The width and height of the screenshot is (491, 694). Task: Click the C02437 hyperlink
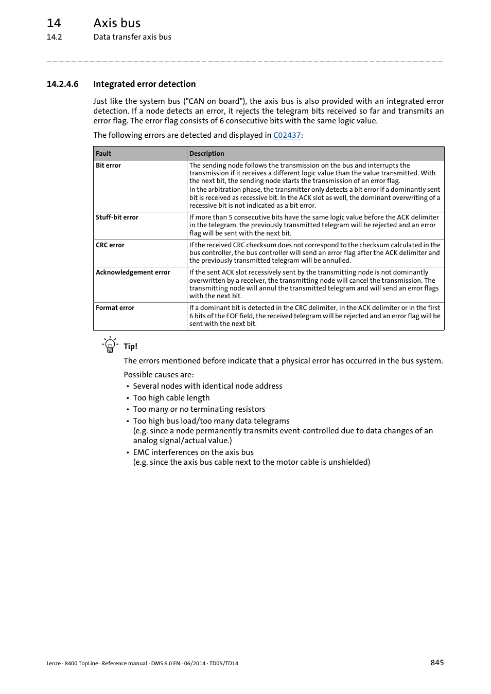coord(287,135)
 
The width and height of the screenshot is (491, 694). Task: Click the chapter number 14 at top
coord(54,23)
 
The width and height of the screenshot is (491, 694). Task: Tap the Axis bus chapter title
coord(117,23)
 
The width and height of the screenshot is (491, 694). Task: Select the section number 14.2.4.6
coord(62,84)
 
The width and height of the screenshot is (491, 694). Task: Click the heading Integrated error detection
coord(144,84)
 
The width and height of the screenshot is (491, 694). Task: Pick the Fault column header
coord(103,153)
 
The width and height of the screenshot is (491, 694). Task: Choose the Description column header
coord(206,153)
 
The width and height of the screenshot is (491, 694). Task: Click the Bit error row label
coord(108,166)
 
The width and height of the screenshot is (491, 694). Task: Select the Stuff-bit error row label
coord(117,217)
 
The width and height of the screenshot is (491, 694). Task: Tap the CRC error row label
coord(110,245)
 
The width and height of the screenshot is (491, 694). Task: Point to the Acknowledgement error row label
coord(133,272)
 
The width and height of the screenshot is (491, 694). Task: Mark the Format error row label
coord(115,308)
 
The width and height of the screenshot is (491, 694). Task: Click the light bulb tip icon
coord(110,344)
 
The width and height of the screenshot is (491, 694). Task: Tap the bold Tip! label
coord(130,346)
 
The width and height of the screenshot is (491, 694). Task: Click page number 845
coord(437,663)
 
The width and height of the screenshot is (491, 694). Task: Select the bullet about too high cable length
coord(171,398)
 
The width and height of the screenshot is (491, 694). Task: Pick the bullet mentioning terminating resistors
coord(199,409)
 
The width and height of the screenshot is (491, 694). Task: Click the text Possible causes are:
coord(159,375)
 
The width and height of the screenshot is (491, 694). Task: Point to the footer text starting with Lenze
coord(142,663)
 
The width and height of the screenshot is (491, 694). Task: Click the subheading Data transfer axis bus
coord(132,37)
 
